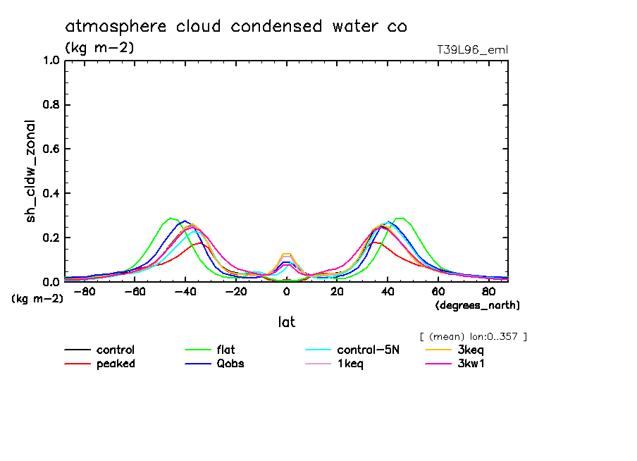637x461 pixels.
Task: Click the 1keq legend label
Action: pos(350,364)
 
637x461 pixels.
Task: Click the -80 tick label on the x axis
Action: pos(84,292)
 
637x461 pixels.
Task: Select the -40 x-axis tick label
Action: pos(185,292)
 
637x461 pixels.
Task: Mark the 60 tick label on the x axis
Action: pos(438,292)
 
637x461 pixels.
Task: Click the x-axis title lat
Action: pos(286,322)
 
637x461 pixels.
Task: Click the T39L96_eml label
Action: pos(472,49)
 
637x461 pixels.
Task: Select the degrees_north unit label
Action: pos(477,305)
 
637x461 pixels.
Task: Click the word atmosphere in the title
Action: pos(116,27)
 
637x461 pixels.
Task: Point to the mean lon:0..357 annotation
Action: pos(473,336)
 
